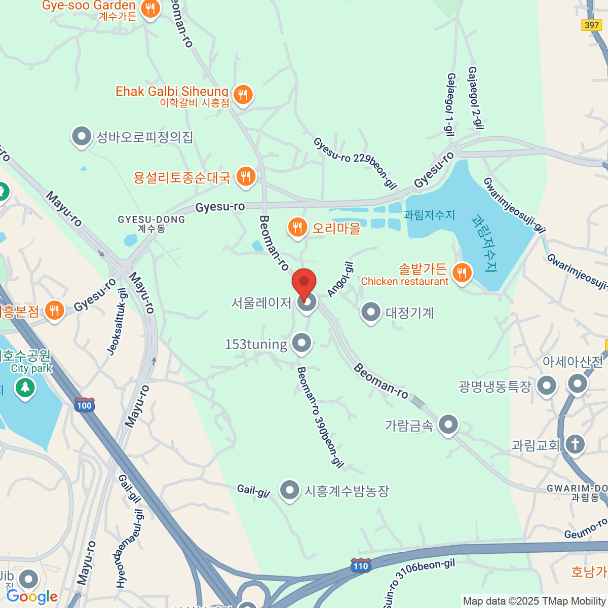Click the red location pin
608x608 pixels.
click(x=304, y=282)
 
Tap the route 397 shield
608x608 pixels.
click(x=591, y=25)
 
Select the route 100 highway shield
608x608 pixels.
click(x=84, y=405)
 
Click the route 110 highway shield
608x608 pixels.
click(x=360, y=566)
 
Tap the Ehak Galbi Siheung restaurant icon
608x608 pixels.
click(x=243, y=94)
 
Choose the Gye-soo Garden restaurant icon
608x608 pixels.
click(x=150, y=9)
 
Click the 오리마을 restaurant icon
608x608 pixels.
click(x=297, y=227)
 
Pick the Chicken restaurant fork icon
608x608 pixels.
click(x=462, y=273)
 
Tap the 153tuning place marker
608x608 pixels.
click(x=302, y=343)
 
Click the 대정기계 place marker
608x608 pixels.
click(x=370, y=312)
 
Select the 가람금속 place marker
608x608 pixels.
click(x=448, y=425)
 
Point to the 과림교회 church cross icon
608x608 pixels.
click(x=575, y=445)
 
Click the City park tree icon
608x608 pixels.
click(x=25, y=388)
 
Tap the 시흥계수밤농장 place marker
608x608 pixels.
click(x=289, y=490)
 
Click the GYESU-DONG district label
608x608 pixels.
click(x=151, y=223)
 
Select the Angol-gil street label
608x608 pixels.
click(x=340, y=279)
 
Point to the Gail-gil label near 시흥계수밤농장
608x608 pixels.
click(x=253, y=490)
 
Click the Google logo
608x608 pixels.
click(x=32, y=596)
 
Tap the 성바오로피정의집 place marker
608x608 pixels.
click(x=81, y=136)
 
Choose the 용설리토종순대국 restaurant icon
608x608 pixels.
click(x=246, y=176)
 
